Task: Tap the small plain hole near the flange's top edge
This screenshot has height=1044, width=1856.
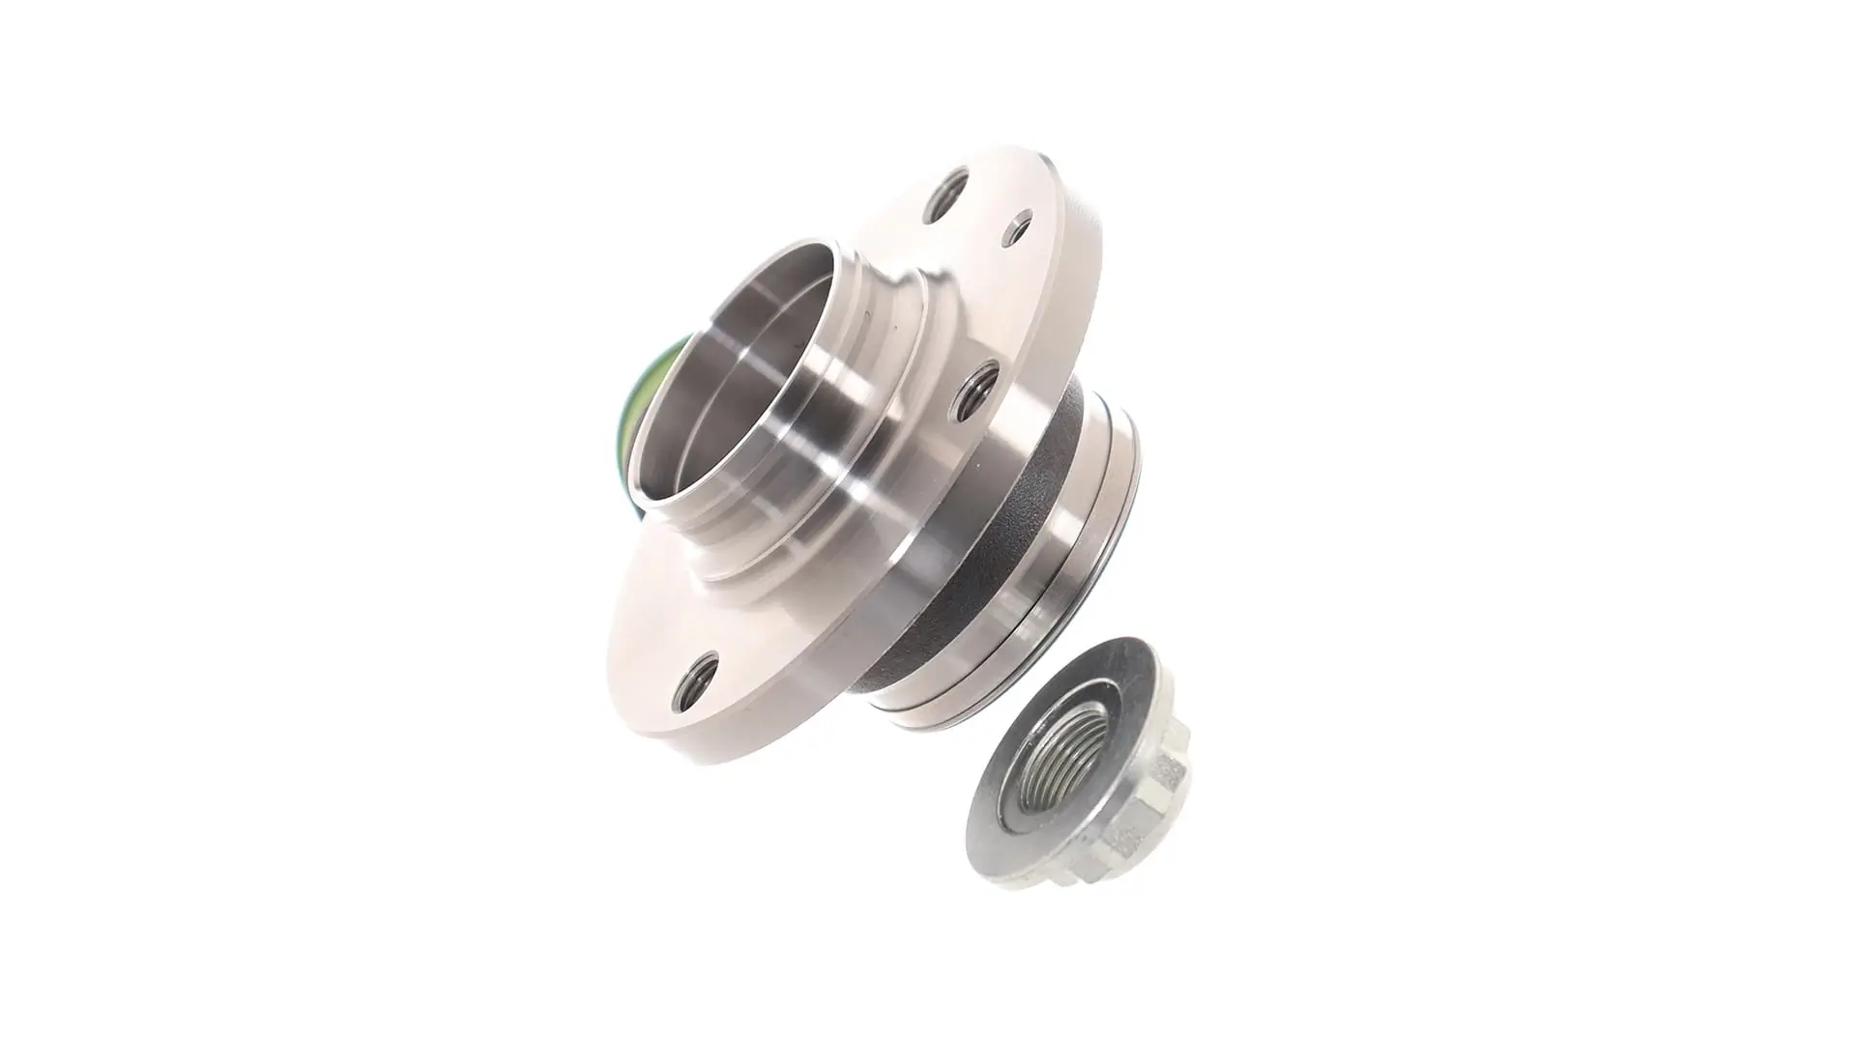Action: click(x=1018, y=228)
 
